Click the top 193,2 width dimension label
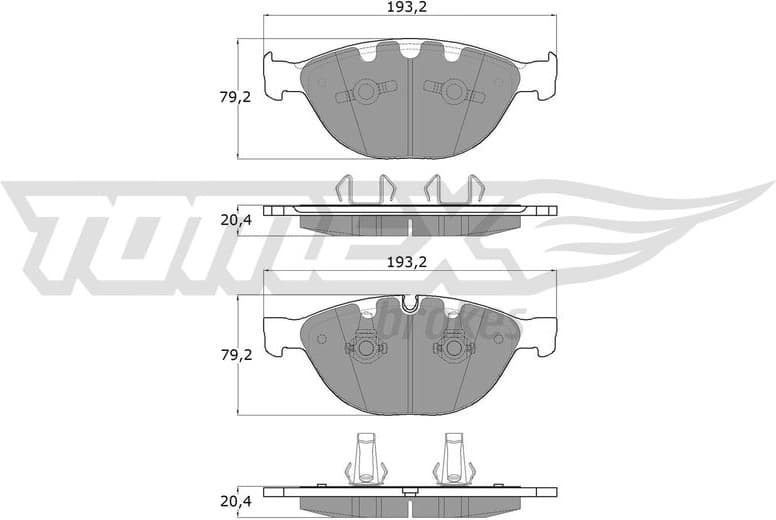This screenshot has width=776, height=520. pos(408,8)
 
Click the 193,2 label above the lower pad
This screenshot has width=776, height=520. pos(408,262)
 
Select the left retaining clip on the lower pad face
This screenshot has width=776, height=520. pos(364,349)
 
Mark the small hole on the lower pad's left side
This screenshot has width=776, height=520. pos(321,338)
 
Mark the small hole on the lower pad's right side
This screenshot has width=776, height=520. pos(497,338)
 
